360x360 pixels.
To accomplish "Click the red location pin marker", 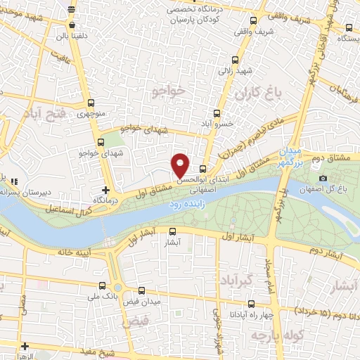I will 181,165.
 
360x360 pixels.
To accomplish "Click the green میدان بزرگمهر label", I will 307,156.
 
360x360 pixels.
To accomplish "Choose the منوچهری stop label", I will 89,112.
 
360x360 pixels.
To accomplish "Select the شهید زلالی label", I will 235,70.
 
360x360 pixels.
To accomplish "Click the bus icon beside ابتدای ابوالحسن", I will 202,169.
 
